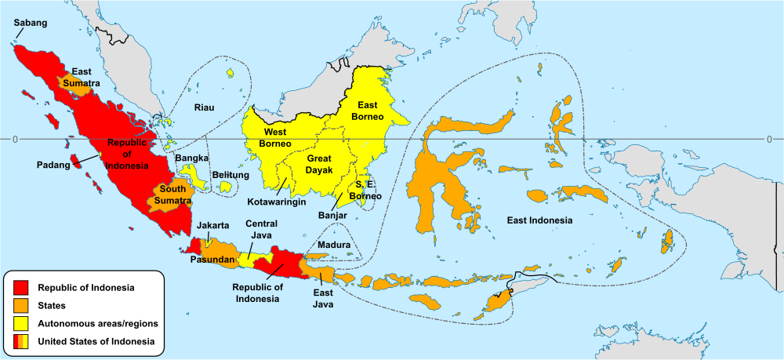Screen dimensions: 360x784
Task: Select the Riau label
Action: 205,108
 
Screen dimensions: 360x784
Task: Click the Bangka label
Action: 191,158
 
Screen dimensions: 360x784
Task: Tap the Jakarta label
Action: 213,225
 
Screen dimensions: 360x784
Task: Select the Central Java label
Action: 261,229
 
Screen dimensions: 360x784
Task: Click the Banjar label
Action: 332,214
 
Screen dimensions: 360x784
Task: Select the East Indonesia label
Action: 539,220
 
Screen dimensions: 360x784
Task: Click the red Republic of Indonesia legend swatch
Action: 21,287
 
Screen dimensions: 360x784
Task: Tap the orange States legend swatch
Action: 21,305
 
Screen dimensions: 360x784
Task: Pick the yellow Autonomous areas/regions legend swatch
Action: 21,323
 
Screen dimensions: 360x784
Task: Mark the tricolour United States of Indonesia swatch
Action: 21,341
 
